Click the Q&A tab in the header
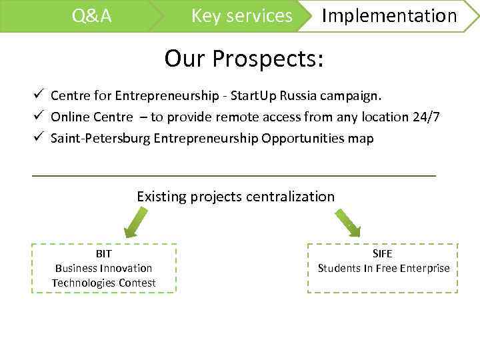tap(91, 16)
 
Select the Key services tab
tap(241, 16)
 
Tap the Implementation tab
tap(389, 16)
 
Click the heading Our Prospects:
tap(244, 59)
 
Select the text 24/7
tap(426, 117)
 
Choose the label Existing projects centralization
tap(235, 196)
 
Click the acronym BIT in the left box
tap(103, 254)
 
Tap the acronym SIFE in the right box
tap(383, 254)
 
